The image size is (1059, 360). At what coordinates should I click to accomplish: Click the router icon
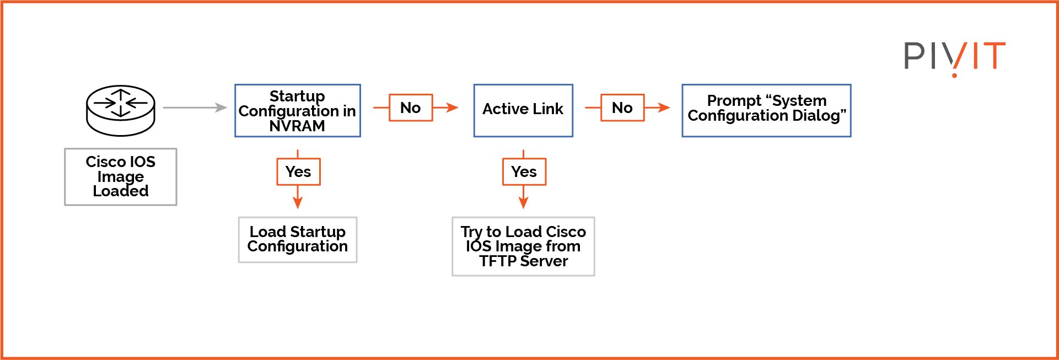[x=121, y=110]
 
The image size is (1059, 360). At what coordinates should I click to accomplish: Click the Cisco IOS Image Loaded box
[x=121, y=176]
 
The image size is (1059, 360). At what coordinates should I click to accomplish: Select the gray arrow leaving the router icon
[x=195, y=108]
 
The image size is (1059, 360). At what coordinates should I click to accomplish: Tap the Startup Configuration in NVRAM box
[x=297, y=110]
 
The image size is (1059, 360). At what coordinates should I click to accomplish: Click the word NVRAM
[x=297, y=126]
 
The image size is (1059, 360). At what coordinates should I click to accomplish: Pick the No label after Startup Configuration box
[x=411, y=108]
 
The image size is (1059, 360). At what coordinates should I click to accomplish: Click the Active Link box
[x=523, y=110]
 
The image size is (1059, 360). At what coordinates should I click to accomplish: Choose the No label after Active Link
[x=622, y=108]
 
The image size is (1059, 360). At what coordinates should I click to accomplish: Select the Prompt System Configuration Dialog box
[x=766, y=110]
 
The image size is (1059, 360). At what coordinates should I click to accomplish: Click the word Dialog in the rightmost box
[x=819, y=116]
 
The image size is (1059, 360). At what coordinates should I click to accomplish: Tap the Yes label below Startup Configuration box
[x=298, y=171]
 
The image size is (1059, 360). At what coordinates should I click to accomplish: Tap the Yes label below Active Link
[x=524, y=171]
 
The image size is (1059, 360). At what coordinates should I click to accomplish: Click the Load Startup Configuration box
[x=298, y=239]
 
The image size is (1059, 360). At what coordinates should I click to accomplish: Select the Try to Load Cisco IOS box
[x=523, y=246]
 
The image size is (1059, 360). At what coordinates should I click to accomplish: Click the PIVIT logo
[x=954, y=56]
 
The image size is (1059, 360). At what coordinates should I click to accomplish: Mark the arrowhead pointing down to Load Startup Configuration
[x=298, y=203]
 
